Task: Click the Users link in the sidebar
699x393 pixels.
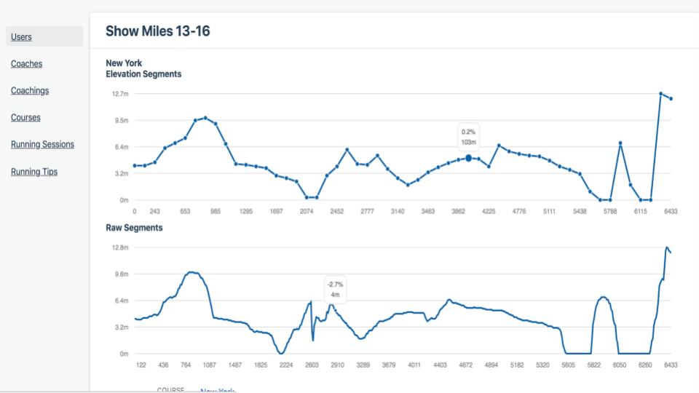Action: [21, 37]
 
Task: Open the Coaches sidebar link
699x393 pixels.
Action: [27, 64]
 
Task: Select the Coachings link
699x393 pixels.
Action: [30, 91]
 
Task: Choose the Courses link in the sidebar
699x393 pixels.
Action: [25, 118]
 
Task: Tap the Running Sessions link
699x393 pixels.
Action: [42, 145]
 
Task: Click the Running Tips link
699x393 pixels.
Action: [34, 172]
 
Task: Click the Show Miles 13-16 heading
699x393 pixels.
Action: [158, 31]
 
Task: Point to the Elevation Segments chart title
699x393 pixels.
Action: [143, 74]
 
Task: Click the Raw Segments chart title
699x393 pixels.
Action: [134, 228]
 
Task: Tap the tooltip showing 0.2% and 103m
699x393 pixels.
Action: [468, 136]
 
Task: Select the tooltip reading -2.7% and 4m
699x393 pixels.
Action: [335, 290]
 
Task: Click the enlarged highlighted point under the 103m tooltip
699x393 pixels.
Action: [468, 158]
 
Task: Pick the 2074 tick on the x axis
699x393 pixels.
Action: [307, 211]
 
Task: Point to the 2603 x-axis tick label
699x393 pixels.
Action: [312, 365]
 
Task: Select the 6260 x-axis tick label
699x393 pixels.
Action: [645, 365]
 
